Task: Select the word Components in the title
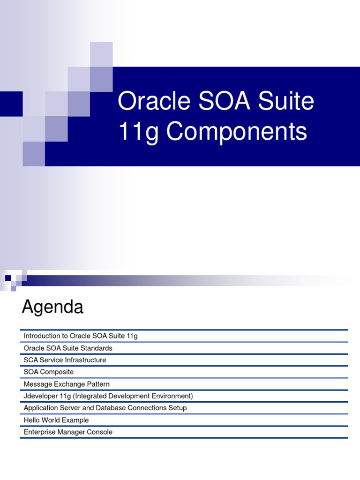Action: pos(237,131)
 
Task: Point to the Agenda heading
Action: pos(52,307)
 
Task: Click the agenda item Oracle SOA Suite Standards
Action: pos(68,348)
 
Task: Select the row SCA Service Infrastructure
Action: pos(65,360)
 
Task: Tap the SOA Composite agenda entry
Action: pos(49,372)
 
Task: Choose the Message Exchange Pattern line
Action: pos(67,384)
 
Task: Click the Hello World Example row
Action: pos(56,420)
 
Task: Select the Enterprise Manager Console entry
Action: pos(68,432)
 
